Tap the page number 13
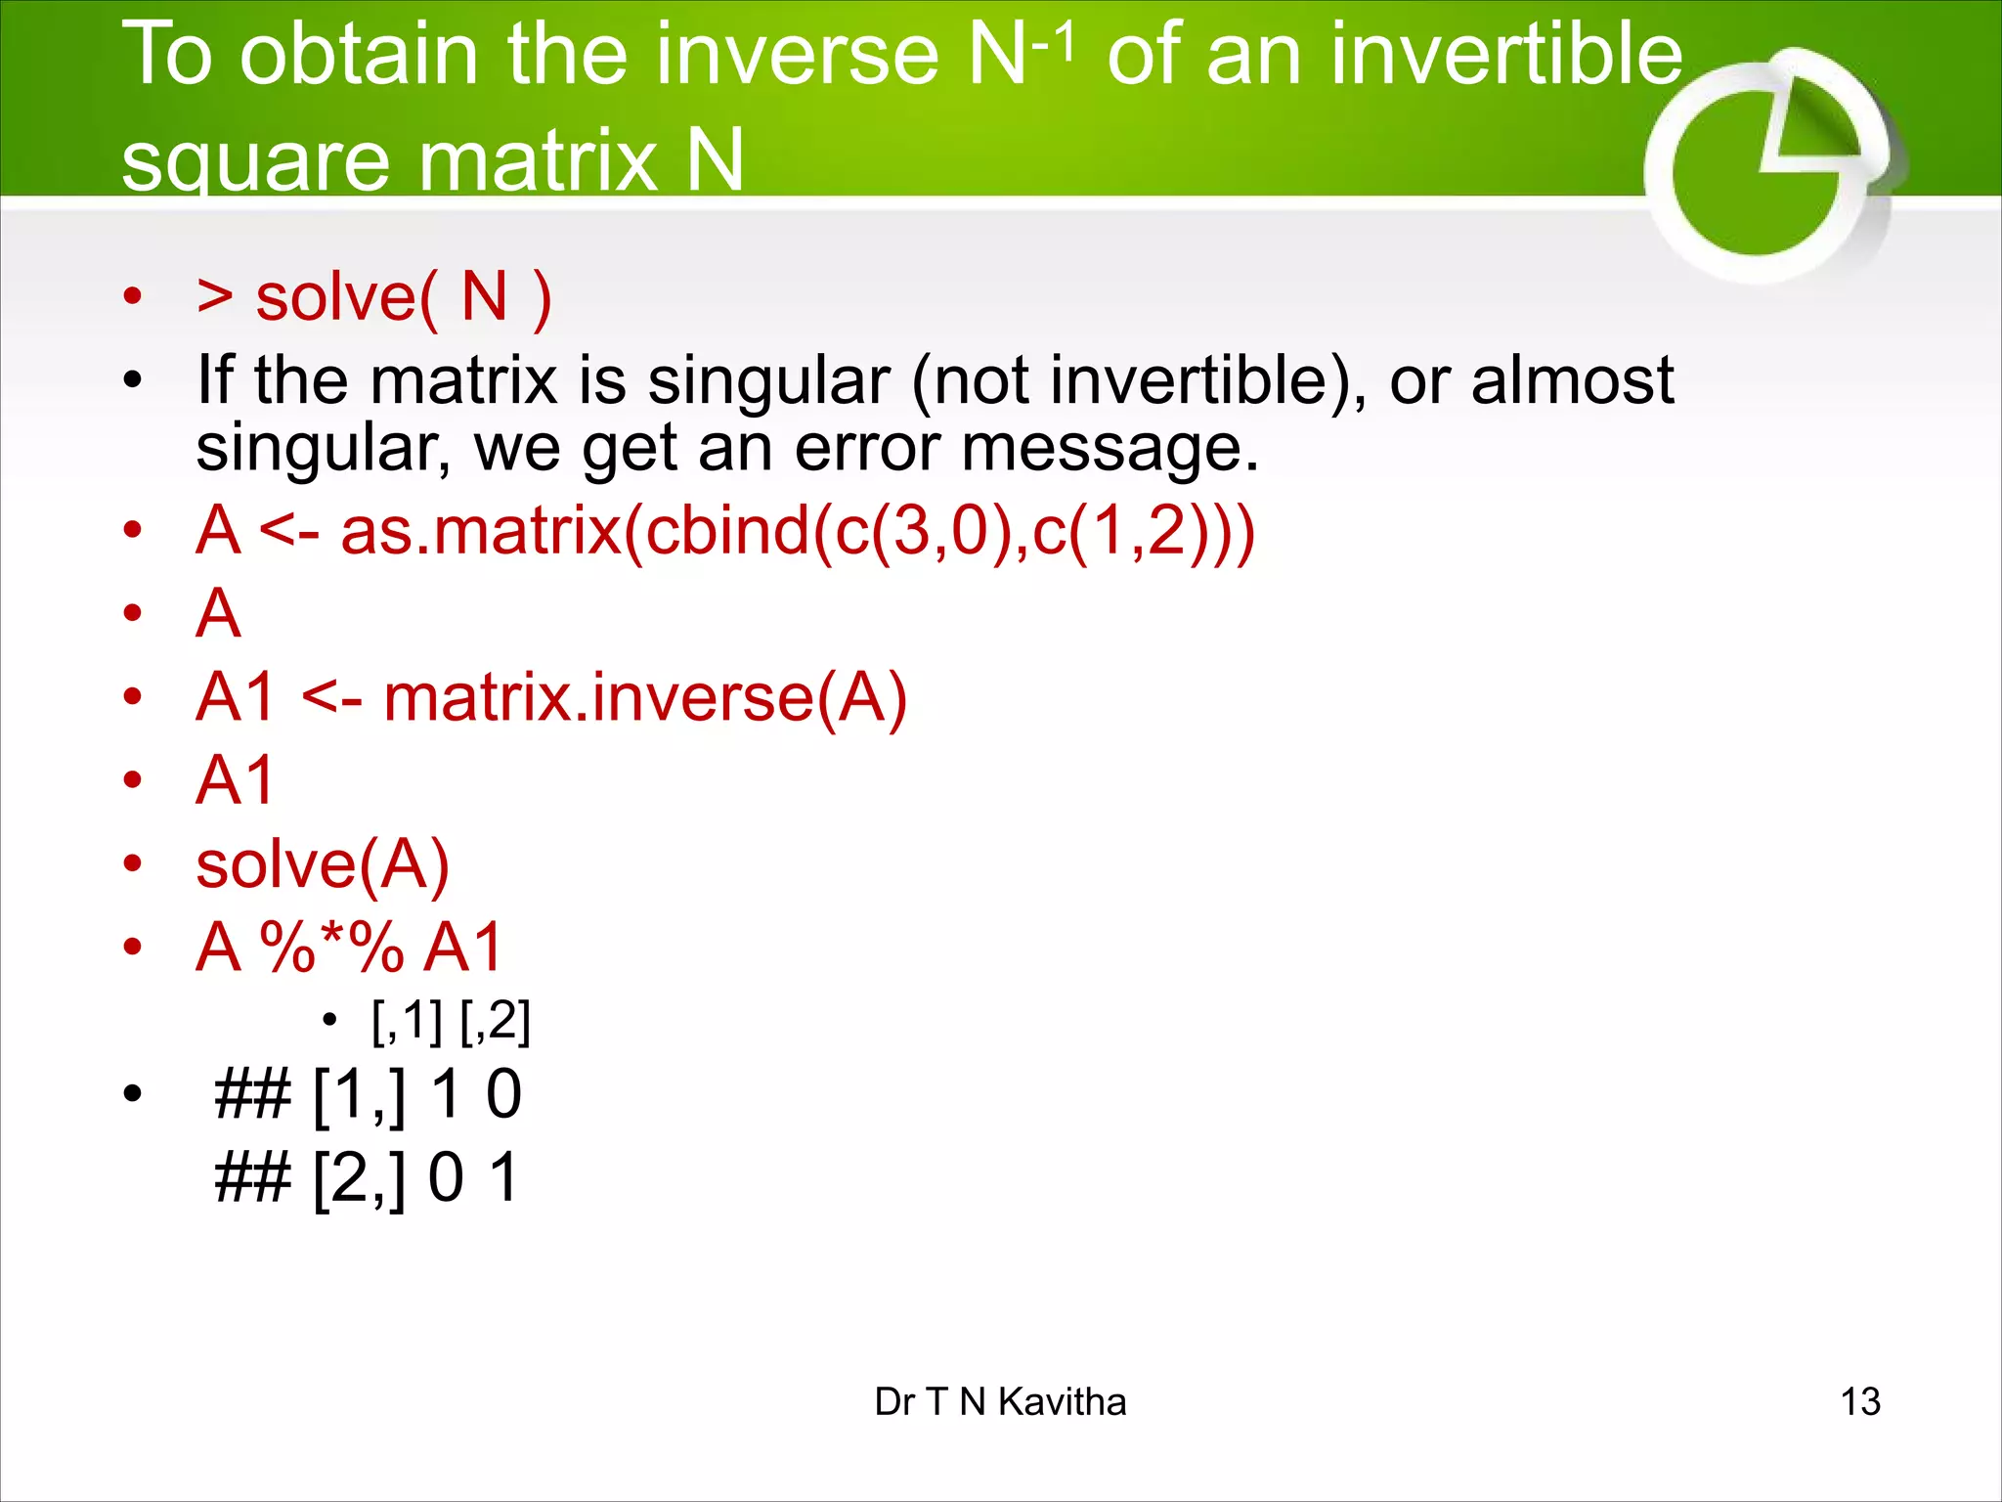point(1859,1401)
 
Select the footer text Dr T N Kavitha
point(1000,1401)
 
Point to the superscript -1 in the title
point(1054,42)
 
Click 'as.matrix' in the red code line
point(480,530)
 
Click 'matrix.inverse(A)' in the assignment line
point(645,697)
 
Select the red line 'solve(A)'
point(323,864)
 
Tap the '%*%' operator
point(332,947)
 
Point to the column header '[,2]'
point(495,1021)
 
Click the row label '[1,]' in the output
point(359,1094)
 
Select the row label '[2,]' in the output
point(359,1177)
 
